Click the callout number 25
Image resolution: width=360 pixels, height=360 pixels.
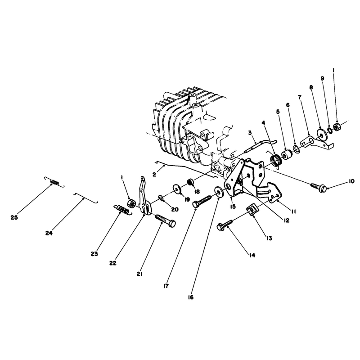click(x=14, y=217)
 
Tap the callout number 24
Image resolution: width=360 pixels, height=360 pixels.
click(x=49, y=233)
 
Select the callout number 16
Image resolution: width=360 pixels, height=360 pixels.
click(x=190, y=297)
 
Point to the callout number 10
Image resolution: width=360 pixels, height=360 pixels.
click(x=351, y=181)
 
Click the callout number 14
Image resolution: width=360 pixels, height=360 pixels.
click(x=252, y=255)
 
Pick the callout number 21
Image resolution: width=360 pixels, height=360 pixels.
click(x=139, y=274)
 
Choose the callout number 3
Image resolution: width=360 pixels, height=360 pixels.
click(x=250, y=132)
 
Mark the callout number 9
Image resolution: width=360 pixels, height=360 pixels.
click(x=322, y=78)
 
